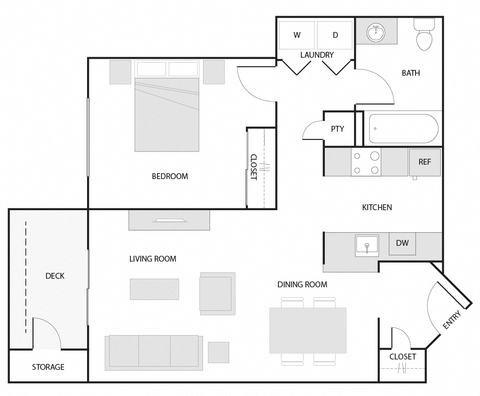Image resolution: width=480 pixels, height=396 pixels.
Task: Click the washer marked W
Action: coord(297,35)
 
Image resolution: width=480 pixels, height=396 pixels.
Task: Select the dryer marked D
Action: coord(335,35)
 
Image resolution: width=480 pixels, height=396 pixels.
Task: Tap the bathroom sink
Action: coord(376,32)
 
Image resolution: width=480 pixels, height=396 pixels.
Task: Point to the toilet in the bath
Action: coord(424,35)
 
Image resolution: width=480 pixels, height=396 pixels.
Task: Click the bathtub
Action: coord(403,129)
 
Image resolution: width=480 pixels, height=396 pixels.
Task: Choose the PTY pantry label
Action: coord(337,129)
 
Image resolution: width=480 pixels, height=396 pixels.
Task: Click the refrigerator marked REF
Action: coord(425,162)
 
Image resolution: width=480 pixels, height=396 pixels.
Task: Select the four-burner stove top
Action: coord(366,162)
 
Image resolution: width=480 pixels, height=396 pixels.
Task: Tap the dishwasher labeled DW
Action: coord(402,243)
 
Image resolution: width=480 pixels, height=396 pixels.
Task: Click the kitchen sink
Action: coord(367,245)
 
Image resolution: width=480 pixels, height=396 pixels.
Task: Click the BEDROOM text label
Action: coord(170,176)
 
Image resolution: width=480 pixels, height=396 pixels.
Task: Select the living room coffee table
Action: coord(154,289)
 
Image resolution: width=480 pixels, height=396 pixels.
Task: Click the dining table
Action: coord(308,331)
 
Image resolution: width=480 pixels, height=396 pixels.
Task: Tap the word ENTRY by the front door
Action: coord(452,320)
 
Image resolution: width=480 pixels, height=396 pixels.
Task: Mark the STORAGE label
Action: coord(48,367)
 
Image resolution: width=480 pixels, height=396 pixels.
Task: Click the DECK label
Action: coord(55,276)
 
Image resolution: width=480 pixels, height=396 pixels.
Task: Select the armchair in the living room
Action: coord(217,294)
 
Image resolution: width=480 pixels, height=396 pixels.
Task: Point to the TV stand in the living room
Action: coord(169,220)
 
